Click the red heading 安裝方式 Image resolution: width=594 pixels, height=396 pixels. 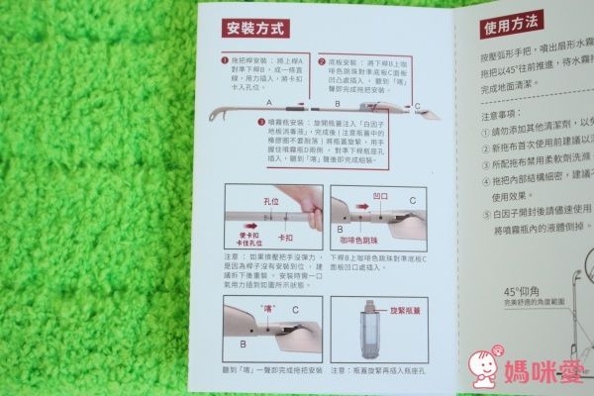click(254, 29)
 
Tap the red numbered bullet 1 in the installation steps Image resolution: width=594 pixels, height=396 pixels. click(225, 60)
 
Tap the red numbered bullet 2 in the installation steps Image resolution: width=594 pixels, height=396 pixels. click(322, 60)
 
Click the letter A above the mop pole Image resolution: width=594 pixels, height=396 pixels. click(270, 103)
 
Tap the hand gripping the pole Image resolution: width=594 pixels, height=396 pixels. click(306, 204)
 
